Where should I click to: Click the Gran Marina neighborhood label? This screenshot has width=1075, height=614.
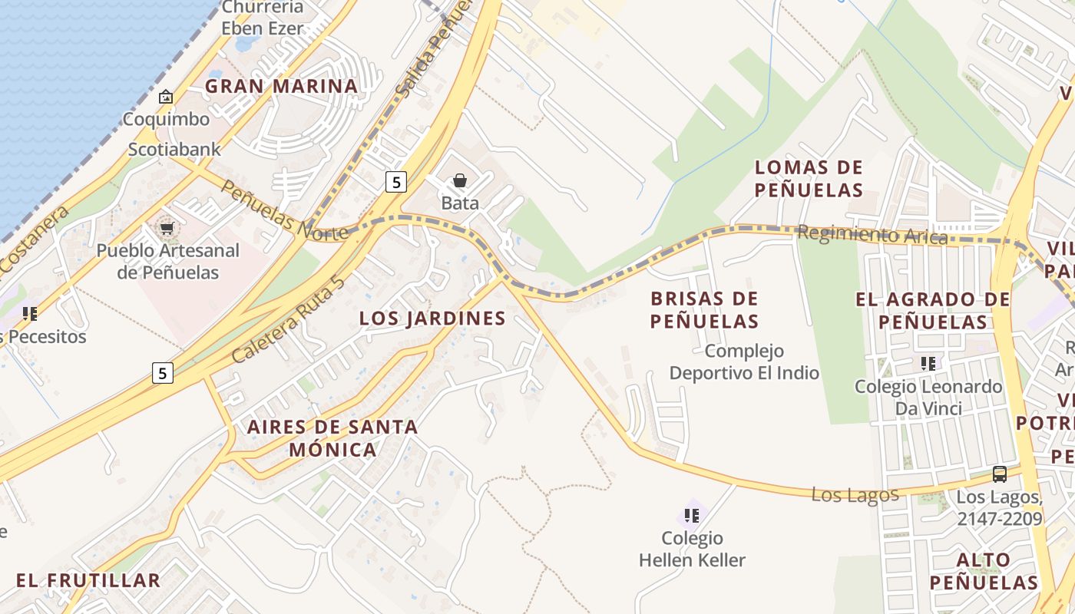pyautogui.click(x=281, y=86)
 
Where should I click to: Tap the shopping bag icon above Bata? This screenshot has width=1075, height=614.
pyautogui.click(x=459, y=181)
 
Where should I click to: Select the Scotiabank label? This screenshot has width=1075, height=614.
pyautogui.click(x=174, y=149)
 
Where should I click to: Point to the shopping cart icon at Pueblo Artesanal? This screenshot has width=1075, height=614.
pyautogui.click(x=167, y=229)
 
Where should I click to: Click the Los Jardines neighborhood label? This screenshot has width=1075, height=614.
pyautogui.click(x=432, y=318)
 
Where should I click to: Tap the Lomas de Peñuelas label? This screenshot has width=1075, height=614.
pyautogui.click(x=809, y=178)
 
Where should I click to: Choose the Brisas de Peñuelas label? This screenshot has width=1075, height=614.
pyautogui.click(x=704, y=309)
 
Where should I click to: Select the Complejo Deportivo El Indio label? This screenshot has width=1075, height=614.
pyautogui.click(x=744, y=361)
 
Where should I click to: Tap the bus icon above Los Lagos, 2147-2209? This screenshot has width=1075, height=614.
pyautogui.click(x=999, y=474)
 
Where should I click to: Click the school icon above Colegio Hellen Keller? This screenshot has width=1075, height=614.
pyautogui.click(x=692, y=516)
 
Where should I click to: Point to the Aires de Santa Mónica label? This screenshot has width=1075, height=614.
pyautogui.click(x=332, y=437)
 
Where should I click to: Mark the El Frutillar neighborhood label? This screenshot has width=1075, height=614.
pyautogui.click(x=88, y=580)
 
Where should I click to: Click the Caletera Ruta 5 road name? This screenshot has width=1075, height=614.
pyautogui.click(x=288, y=319)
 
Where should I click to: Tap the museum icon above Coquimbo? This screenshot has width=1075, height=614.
pyautogui.click(x=165, y=97)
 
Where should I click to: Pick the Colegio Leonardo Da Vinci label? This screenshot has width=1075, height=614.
pyautogui.click(x=928, y=397)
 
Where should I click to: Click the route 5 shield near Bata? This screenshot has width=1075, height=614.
pyautogui.click(x=395, y=182)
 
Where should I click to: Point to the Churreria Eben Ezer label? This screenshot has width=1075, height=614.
pyautogui.click(x=262, y=18)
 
